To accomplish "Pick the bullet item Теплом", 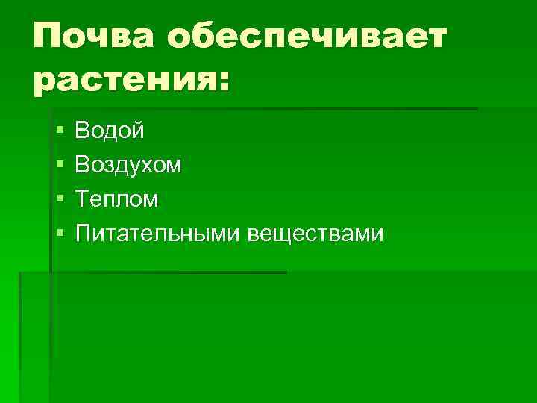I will point(117,199).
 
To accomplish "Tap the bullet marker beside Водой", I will point(60,132).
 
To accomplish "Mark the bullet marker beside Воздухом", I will point(60,166).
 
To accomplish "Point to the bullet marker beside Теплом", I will point(60,200).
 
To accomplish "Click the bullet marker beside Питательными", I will point(60,234).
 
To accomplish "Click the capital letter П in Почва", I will point(48,36).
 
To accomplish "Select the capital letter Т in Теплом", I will point(83,199).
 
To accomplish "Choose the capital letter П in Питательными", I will point(84,234).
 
